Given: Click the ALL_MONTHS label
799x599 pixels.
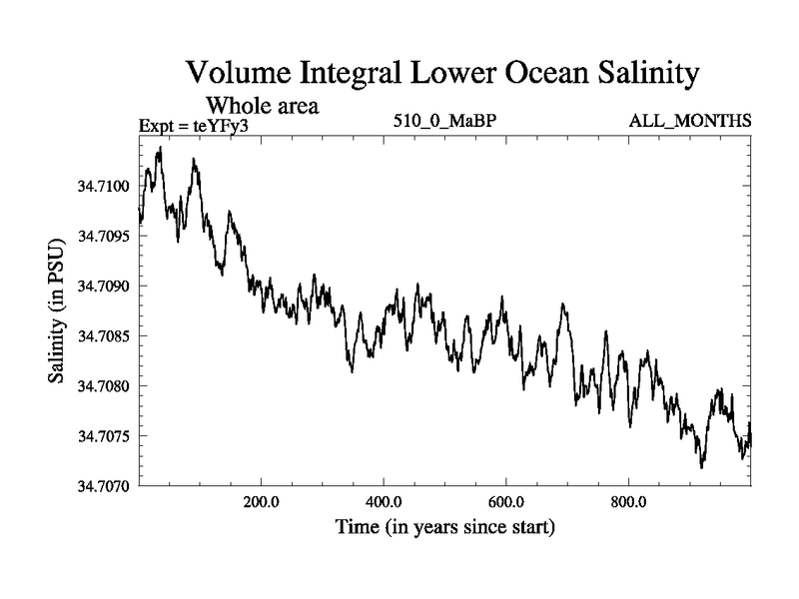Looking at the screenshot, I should point(689,122).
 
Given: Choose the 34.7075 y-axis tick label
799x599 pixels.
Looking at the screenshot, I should point(102,436).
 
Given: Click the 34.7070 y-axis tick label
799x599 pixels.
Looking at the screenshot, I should point(102,486).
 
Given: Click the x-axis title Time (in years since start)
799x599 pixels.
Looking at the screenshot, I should point(443,526).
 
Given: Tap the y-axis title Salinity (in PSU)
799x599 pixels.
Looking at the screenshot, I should point(56,314).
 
